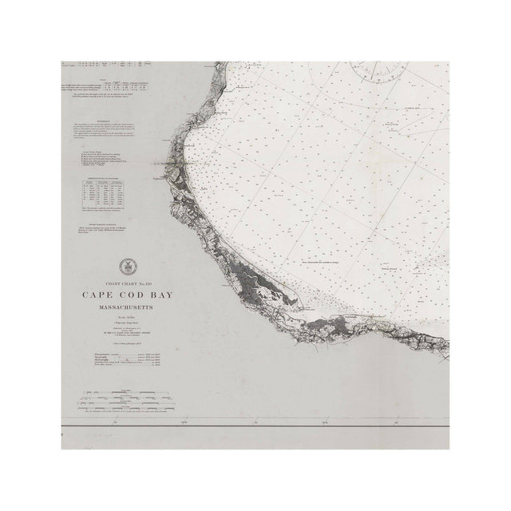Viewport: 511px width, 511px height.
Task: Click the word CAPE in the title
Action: coord(97,293)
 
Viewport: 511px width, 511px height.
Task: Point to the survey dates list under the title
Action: coord(128,358)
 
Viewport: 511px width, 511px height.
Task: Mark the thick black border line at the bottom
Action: coord(255,431)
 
